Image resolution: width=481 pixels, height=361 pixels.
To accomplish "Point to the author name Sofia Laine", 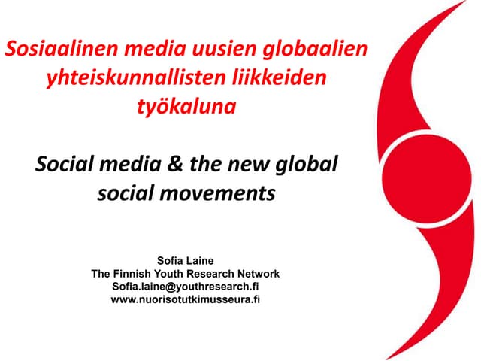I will [x=185, y=261].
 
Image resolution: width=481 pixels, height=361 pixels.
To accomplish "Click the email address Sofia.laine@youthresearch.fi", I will [x=185, y=287].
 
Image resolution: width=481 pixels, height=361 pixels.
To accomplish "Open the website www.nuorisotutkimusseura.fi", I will [x=185, y=299].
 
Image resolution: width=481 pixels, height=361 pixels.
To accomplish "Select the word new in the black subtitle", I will [x=253, y=164].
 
